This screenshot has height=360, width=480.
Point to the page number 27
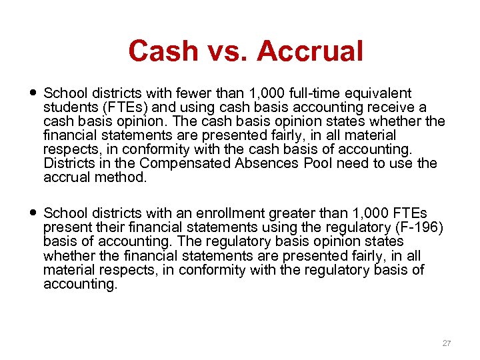[x=447, y=343]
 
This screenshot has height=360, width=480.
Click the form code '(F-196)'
[x=417, y=227]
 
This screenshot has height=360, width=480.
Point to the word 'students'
[x=66, y=107]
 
